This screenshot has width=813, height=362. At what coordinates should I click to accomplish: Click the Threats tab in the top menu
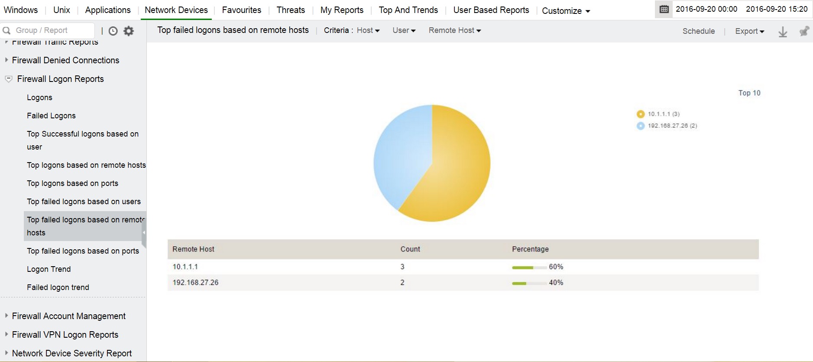coord(291,10)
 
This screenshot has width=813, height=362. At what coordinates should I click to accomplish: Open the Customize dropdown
coord(566,11)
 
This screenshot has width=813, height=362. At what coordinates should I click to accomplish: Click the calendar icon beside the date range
coord(664,9)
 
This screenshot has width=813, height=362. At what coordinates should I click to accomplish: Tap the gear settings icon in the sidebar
coord(129,31)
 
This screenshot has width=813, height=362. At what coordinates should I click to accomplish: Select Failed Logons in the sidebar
coord(51,116)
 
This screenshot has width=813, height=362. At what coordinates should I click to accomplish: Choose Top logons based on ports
coord(72,183)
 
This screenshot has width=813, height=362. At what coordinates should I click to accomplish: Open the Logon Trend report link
coord(49,269)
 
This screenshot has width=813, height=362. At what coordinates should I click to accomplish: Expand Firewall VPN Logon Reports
coord(65,335)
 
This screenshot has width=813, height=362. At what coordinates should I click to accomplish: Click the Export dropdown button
coord(749,31)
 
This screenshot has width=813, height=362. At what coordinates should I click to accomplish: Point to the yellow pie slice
coord(459,173)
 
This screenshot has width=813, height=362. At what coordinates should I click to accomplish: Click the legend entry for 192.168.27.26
coord(672,126)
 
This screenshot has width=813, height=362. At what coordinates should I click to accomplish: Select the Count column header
coord(410,249)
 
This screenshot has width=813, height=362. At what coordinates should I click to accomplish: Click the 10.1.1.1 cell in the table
coord(185,267)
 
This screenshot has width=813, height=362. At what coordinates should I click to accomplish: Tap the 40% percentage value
coord(556,283)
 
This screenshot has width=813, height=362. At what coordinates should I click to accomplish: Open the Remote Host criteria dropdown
coord(455,30)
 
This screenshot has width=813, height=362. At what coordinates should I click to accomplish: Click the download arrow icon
coord(783,32)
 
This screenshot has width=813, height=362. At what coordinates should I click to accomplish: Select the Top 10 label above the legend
coord(749,93)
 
